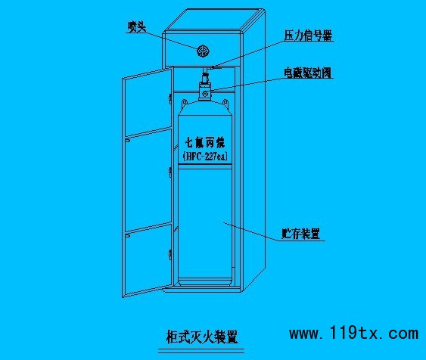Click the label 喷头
tap(137, 26)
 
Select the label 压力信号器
tap(308, 36)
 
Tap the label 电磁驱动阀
tap(307, 73)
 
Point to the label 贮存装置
tap(300, 234)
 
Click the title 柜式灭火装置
tap(201, 337)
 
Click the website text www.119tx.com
tap(353, 333)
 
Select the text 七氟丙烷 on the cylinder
tap(205, 142)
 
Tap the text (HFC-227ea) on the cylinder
tap(205, 157)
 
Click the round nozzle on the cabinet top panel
tap(203, 51)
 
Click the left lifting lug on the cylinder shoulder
tap(185, 102)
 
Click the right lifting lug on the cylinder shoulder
tap(225, 102)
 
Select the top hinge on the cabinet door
tap(169, 98)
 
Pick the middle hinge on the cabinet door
tap(169, 172)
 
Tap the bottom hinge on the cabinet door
tap(169, 254)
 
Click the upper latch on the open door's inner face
tap(127, 140)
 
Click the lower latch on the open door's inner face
tap(127, 236)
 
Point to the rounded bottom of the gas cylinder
tap(205, 281)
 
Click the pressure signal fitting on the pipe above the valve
tap(213, 67)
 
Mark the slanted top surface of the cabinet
tap(215, 20)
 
